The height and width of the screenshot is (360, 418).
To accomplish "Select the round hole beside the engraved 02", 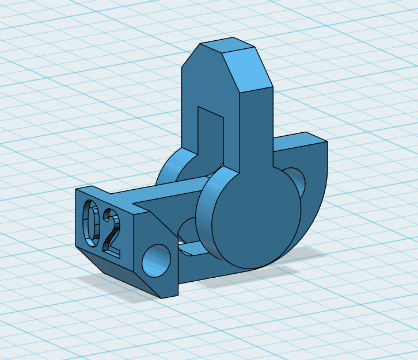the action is [157, 261].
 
